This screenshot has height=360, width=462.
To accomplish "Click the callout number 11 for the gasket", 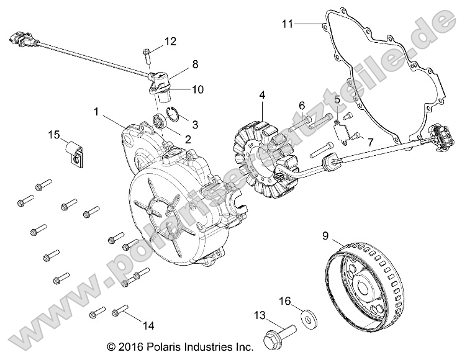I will [286, 24].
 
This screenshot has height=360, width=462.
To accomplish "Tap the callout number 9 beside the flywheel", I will [325, 235].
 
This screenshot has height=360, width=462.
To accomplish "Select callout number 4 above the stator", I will [262, 95].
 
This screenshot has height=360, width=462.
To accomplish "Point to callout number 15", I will [54, 135].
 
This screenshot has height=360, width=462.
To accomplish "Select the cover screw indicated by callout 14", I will [119, 313].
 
